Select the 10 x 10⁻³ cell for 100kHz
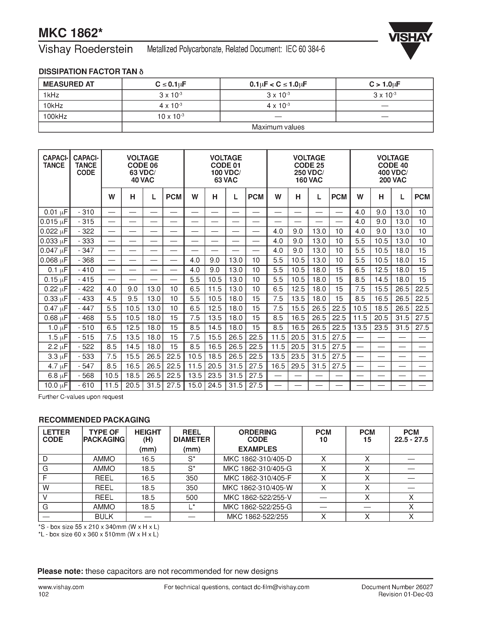[171, 116]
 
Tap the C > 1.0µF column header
[384, 84]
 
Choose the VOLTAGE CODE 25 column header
[309, 169]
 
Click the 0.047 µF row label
[54, 250]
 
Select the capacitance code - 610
[86, 385]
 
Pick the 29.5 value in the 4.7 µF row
[298, 366]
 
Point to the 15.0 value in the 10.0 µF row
[195, 385]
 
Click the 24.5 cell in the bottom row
[215, 385]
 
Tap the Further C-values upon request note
[81, 397]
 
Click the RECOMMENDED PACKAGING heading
[94, 420]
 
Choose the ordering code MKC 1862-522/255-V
[257, 497]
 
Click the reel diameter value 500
[192, 497]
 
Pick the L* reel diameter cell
[192, 507]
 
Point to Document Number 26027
[397, 587]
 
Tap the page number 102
[44, 595]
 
